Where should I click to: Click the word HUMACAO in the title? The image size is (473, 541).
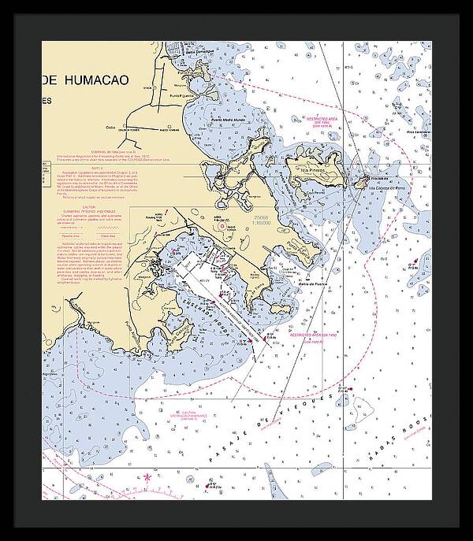[x=104, y=79]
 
